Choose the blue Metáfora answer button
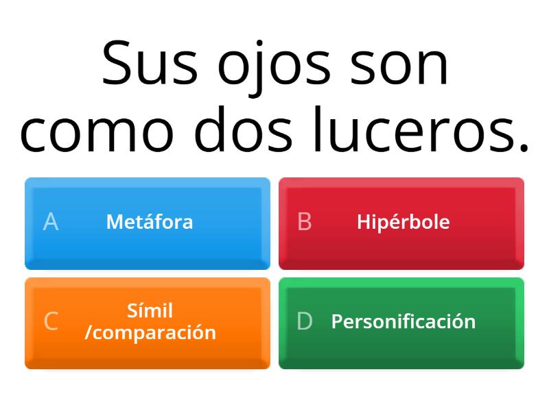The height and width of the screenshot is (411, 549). click(148, 223)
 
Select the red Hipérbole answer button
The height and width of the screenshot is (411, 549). click(401, 223)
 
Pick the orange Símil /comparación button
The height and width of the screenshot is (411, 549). click(148, 323)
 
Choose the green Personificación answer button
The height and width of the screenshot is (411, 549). click(401, 323)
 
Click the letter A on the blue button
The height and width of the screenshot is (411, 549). click(51, 222)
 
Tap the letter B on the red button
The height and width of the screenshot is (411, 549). click(305, 222)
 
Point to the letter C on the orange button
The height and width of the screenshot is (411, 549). click(51, 321)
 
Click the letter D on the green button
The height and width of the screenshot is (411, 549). click(305, 321)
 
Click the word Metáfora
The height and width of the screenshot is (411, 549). click(150, 222)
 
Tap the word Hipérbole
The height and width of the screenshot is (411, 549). click(404, 222)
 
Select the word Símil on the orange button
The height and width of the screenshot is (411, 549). click(150, 311)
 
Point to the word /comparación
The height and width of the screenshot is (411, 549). click(150, 332)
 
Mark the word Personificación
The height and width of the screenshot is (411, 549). click(404, 321)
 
